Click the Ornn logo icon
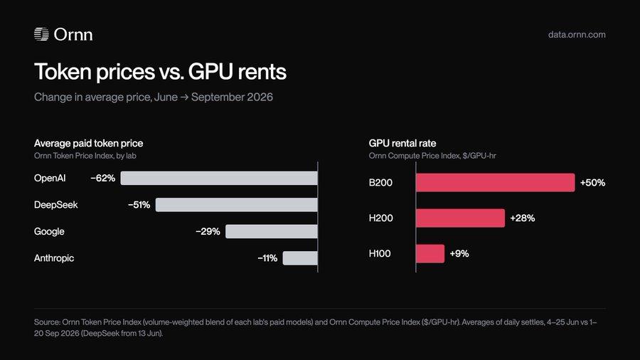coord(41,34)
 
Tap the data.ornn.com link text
coord(577,35)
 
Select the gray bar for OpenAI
coord(219,178)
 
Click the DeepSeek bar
coord(236,205)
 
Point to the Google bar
coord(272,231)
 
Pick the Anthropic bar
coord(300,258)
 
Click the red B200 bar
coord(496,182)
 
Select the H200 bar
coord(460,218)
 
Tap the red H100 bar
coord(430,253)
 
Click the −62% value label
coord(103,179)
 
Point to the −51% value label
coord(139,205)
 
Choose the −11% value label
coord(267,258)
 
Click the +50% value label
coord(592,182)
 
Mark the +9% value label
coord(459,253)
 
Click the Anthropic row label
coord(54,258)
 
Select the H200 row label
coord(381,218)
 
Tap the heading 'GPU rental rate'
coord(402,143)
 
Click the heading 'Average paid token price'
coord(89,143)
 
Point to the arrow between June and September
coord(184,97)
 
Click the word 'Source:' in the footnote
coord(47,322)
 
